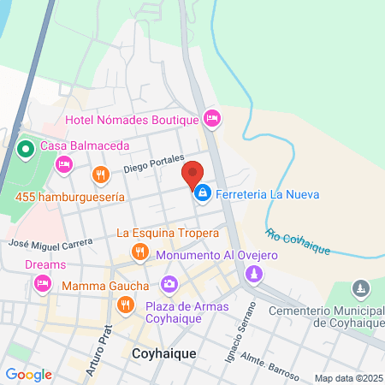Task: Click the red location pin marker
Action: point(193,175)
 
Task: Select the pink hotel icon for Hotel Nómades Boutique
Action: point(211,117)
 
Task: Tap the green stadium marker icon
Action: point(25,151)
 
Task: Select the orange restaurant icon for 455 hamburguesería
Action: point(101,175)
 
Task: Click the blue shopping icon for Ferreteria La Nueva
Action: point(201,193)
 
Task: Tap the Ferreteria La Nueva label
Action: point(268,194)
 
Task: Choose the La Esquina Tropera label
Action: point(168,232)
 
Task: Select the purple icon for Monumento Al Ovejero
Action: point(253,274)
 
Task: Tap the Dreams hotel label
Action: point(44,264)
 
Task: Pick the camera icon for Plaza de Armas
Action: point(169,282)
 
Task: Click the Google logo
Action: point(28,374)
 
